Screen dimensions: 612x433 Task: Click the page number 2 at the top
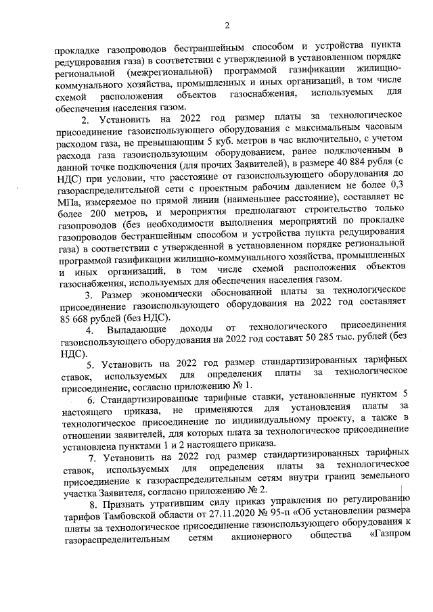tap(227, 26)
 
